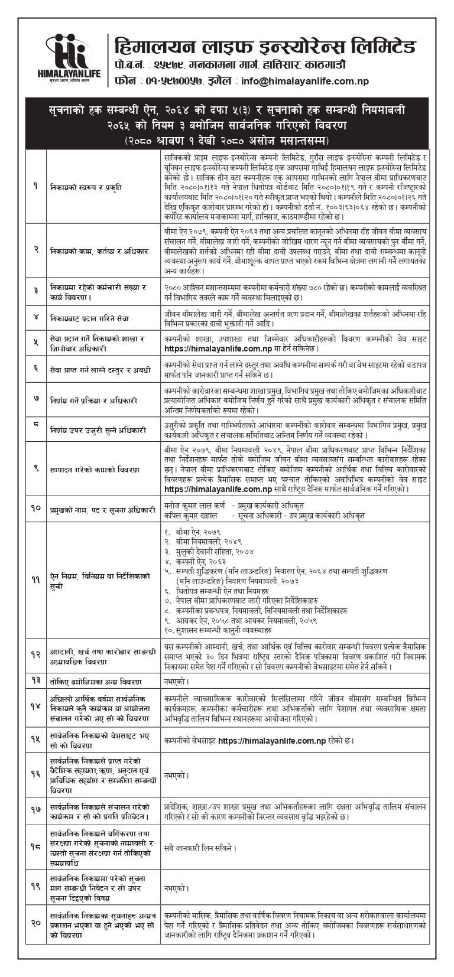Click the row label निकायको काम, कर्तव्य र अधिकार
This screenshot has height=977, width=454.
[x=99, y=250]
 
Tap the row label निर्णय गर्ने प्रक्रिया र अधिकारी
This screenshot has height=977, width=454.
[x=94, y=400]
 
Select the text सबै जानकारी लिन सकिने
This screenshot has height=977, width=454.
[x=201, y=848]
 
